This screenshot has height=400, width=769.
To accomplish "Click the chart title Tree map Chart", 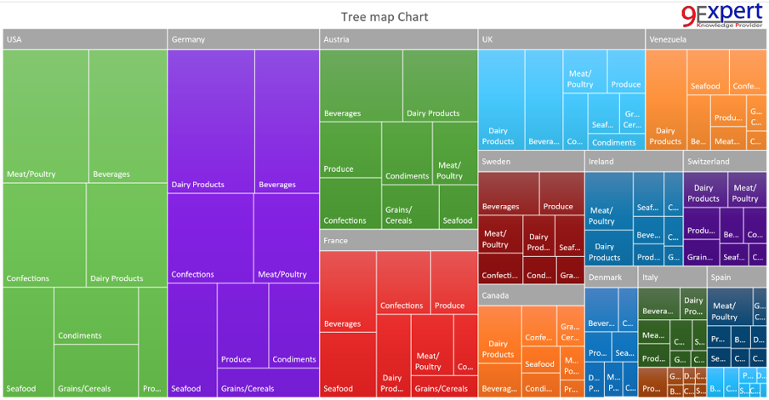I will point(384,17).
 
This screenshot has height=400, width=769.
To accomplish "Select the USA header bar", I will point(84,39).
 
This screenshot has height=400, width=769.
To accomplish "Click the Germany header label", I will point(188,39).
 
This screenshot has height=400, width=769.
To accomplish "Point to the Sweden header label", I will point(496,161).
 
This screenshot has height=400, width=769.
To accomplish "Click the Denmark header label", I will point(606,277).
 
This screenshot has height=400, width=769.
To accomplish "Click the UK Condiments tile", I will point(613,142).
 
